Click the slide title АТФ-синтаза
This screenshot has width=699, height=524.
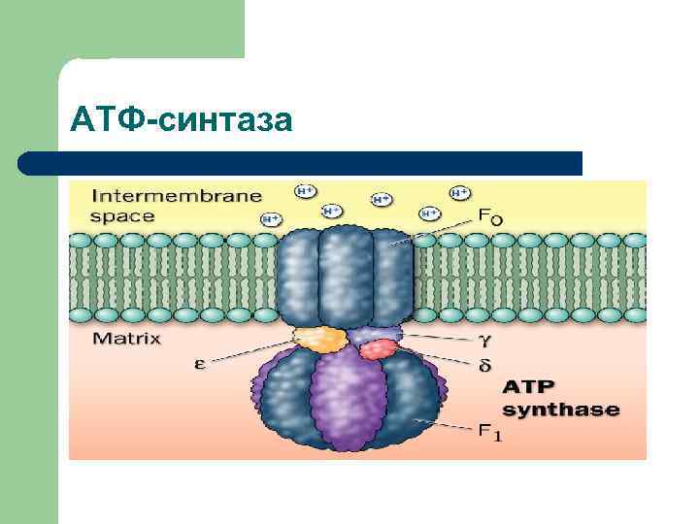(x=181, y=119)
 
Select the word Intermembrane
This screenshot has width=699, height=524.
(x=176, y=195)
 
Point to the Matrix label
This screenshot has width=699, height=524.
(x=126, y=339)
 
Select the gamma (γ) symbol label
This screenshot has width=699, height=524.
(x=483, y=340)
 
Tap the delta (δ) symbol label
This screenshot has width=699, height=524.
(x=483, y=365)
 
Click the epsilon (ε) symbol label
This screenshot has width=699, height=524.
(x=199, y=365)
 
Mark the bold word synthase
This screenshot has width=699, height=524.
(x=560, y=409)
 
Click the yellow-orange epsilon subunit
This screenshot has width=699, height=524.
(x=320, y=339)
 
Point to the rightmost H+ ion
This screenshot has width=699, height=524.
(x=459, y=192)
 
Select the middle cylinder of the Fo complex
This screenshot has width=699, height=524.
(x=345, y=277)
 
